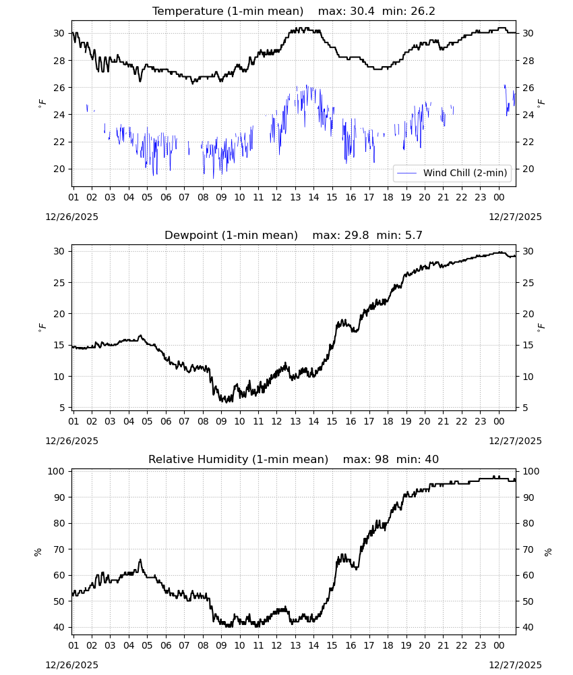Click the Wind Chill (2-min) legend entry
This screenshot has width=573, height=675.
click(x=452, y=173)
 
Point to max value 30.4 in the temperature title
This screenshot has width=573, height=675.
click(x=362, y=11)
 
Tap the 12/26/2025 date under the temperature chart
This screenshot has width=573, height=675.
click(x=71, y=217)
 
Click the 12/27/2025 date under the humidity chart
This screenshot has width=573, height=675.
click(x=515, y=665)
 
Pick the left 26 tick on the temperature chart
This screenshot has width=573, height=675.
click(x=59, y=87)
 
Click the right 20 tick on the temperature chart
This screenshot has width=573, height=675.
click(x=528, y=169)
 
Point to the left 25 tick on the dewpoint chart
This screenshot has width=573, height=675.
click(x=59, y=283)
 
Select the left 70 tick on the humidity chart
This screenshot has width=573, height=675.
click(x=59, y=549)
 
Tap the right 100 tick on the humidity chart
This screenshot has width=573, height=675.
click(x=531, y=471)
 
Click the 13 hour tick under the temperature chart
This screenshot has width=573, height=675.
click(x=295, y=197)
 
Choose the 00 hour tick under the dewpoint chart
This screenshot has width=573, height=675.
click(x=499, y=421)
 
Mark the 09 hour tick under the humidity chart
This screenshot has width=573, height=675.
click(x=221, y=645)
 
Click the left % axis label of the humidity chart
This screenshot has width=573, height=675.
click(x=38, y=552)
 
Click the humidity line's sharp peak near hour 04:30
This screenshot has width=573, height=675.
click(x=140, y=560)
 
